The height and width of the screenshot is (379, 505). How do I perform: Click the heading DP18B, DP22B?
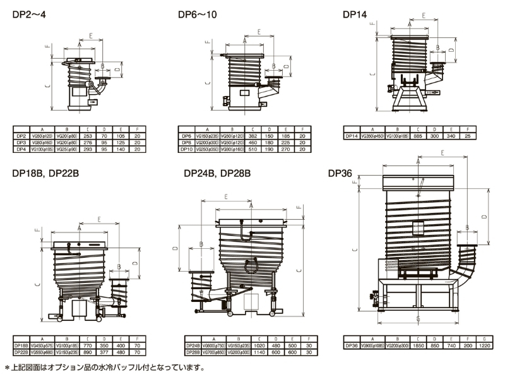(42, 173)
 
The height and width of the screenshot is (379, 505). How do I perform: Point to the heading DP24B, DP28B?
(218, 173)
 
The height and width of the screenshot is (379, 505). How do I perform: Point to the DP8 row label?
(186, 142)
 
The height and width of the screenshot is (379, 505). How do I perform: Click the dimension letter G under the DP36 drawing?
(417, 318)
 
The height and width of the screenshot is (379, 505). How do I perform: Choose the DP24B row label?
(193, 346)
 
